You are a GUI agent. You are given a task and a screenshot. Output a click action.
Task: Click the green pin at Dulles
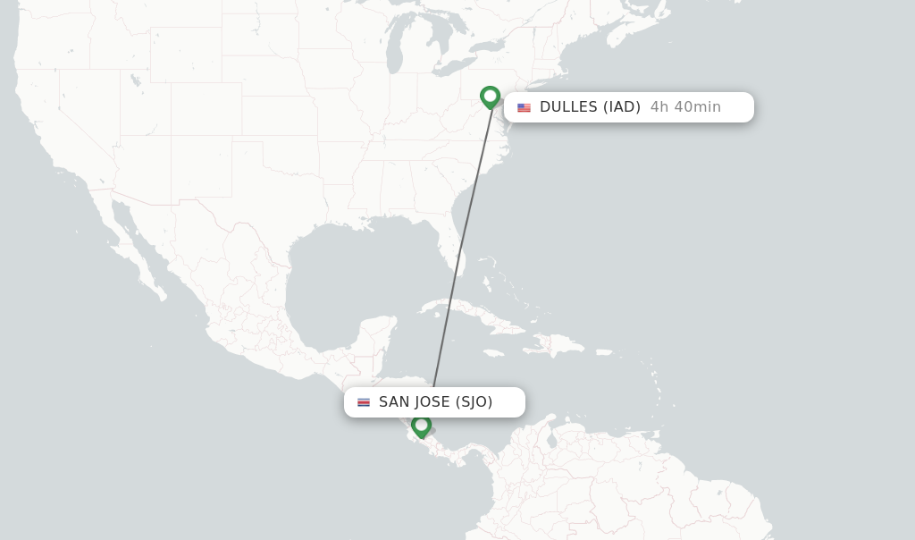pyautogui.click(x=490, y=97)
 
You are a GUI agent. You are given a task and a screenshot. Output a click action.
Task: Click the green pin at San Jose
pyautogui.click(x=421, y=426)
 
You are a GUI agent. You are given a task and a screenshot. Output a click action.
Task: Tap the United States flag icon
pyautogui.click(x=524, y=107)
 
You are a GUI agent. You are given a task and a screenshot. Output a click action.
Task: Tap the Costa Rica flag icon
pyautogui.click(x=364, y=402)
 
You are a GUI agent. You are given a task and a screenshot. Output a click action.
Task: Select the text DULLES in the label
pyautogui.click(x=568, y=107)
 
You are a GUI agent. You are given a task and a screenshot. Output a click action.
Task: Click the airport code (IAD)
pyautogui.click(x=621, y=107)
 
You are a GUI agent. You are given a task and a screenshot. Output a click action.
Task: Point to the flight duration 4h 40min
pyautogui.click(x=685, y=107)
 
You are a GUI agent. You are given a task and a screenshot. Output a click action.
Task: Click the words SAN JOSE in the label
pyautogui.click(x=415, y=402)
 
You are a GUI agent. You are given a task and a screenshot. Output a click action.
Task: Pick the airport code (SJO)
pyautogui.click(x=474, y=402)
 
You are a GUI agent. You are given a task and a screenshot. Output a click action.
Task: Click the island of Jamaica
pyautogui.click(x=491, y=351)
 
